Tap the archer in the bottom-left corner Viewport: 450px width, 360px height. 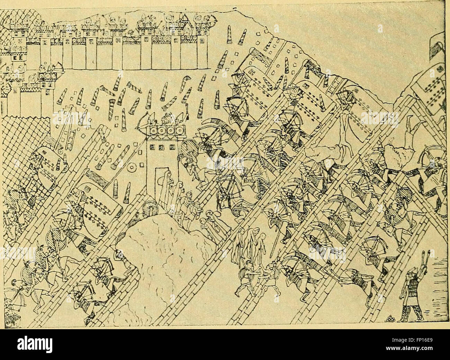16,294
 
